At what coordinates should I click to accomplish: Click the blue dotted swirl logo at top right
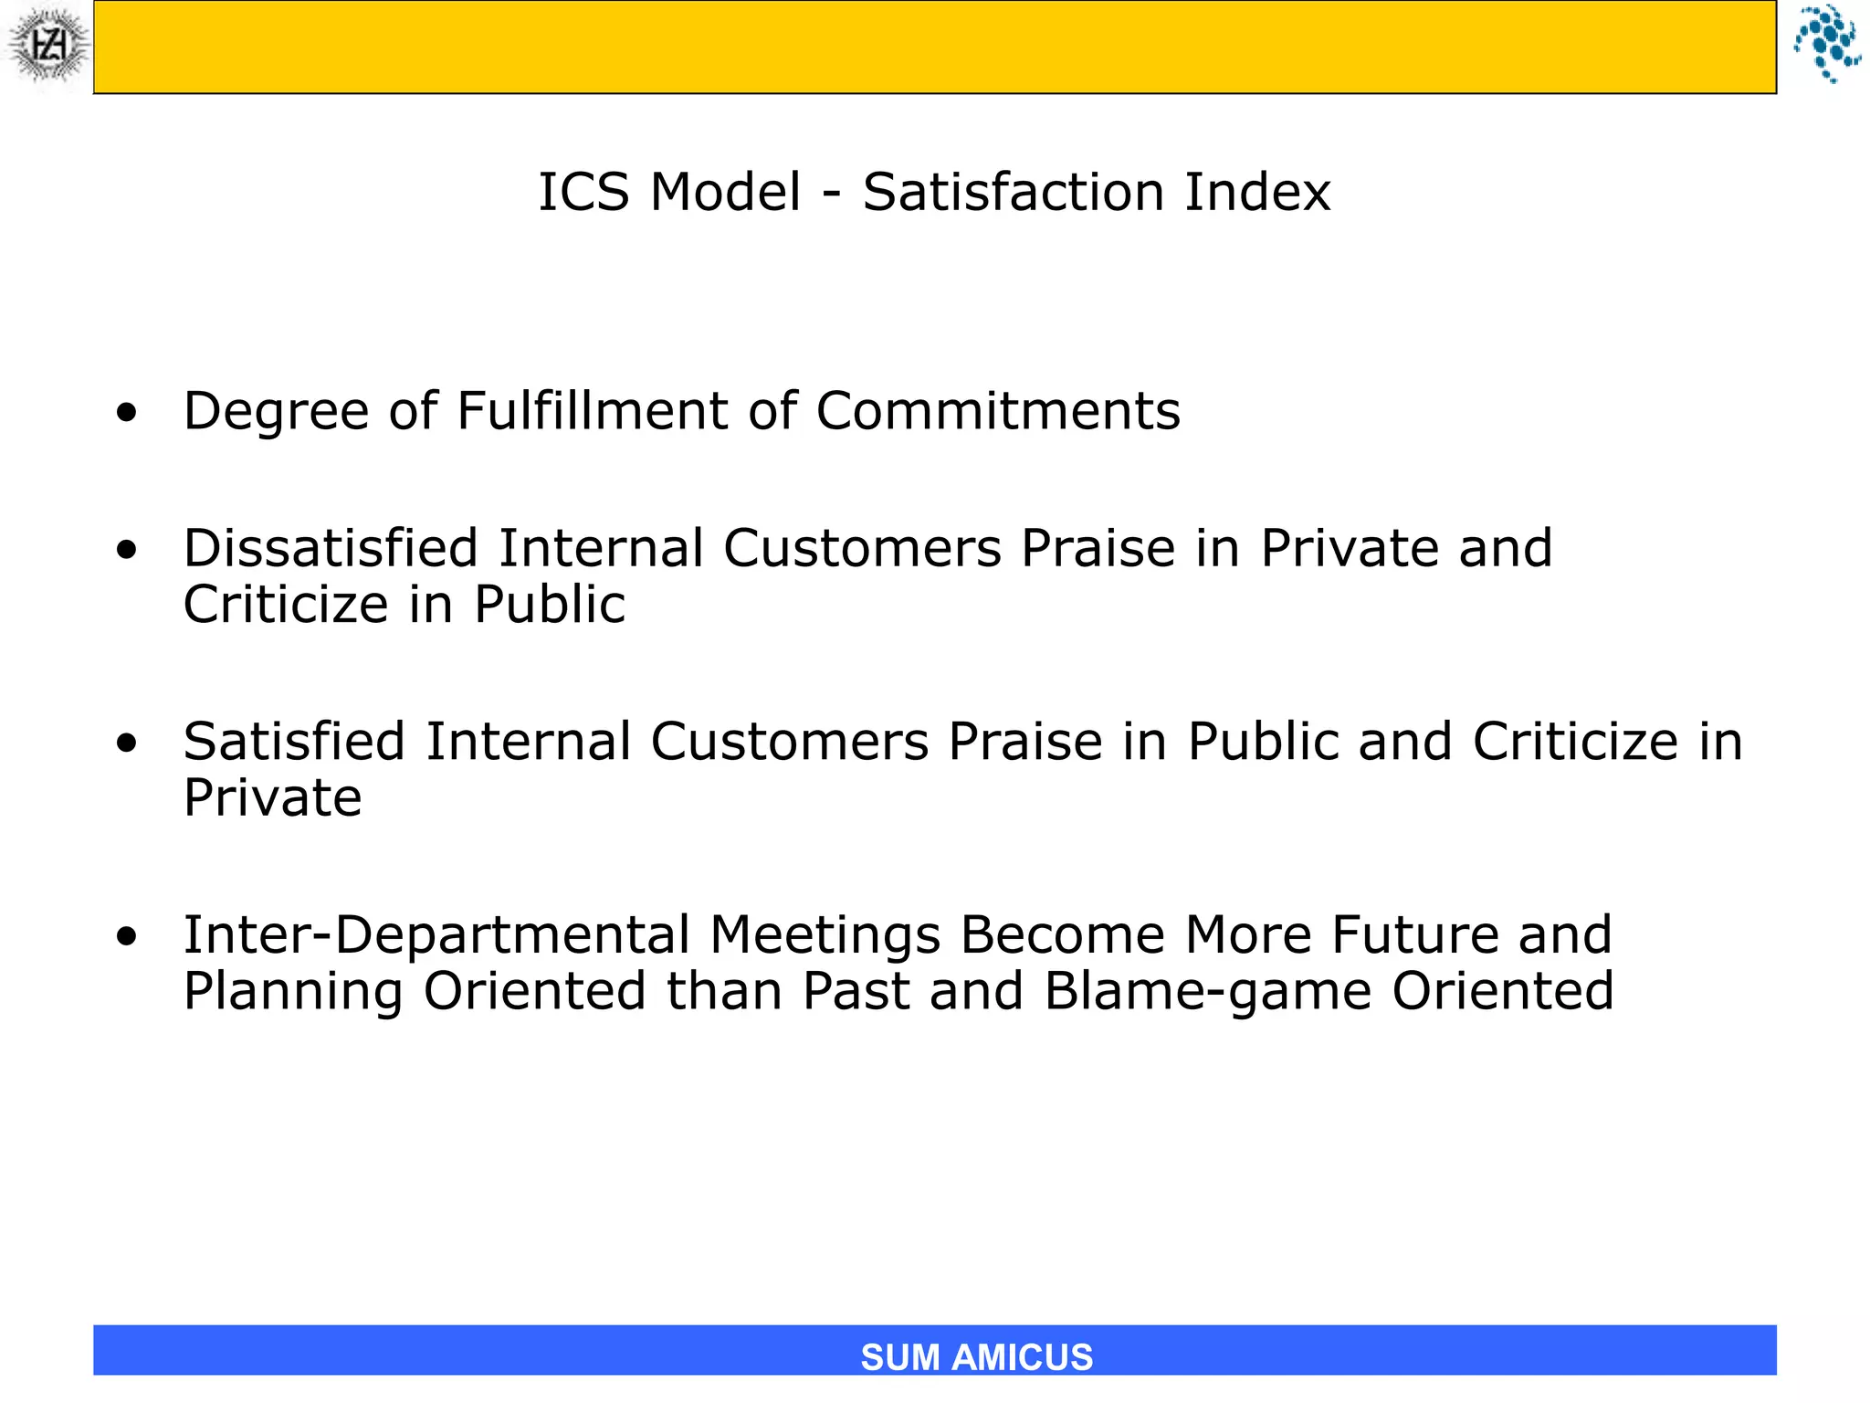pos(1826,43)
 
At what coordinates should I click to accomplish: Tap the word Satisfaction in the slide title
pos(1013,193)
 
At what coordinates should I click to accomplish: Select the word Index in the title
pos(1257,193)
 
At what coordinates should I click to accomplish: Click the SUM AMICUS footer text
pos(976,1356)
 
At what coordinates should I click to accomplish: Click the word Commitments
pos(998,411)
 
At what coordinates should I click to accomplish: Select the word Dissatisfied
pos(331,548)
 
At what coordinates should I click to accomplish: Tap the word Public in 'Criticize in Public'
pos(550,605)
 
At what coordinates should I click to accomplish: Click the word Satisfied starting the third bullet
pos(294,741)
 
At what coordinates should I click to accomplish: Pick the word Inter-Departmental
pos(436,934)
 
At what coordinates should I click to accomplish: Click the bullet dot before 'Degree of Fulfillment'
pos(127,413)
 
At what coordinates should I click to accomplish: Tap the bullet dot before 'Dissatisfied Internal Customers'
pos(127,550)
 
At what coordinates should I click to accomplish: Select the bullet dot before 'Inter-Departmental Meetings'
pos(127,936)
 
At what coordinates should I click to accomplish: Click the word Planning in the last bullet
pos(293,992)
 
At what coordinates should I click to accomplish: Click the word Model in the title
pos(726,193)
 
